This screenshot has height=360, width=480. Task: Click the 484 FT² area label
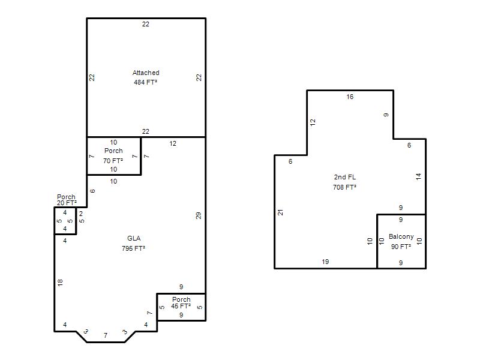(x=145, y=82)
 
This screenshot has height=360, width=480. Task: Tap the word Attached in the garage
(x=146, y=73)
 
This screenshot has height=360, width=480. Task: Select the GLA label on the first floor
(x=134, y=238)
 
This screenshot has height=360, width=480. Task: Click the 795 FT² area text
(x=133, y=248)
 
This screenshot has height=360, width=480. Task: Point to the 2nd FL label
(x=344, y=177)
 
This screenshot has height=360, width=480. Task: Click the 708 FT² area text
(x=344, y=187)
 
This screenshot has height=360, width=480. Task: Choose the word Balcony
(x=401, y=236)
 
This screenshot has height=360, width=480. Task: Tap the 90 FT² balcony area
(x=401, y=247)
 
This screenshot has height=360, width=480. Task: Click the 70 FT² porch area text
(x=113, y=161)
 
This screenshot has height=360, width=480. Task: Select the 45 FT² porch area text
(x=181, y=306)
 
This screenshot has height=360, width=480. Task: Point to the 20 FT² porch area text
(x=67, y=203)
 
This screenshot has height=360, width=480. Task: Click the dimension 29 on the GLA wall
(x=199, y=215)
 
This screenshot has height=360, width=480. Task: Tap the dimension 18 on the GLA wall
(x=60, y=282)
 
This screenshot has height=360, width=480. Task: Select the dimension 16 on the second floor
(x=350, y=97)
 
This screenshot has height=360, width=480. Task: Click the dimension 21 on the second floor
(x=280, y=212)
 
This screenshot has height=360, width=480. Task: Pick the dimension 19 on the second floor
(x=325, y=262)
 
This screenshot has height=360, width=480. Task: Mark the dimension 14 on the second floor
(x=418, y=176)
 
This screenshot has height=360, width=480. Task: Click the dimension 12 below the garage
(x=173, y=143)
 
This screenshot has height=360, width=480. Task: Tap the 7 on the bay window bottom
(x=106, y=335)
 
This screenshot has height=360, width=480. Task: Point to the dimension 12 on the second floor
(x=313, y=122)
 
